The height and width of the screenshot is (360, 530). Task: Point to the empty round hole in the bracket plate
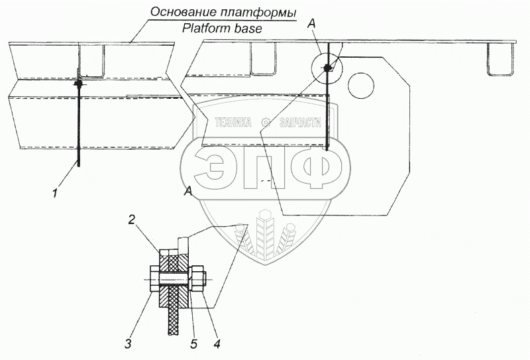[362, 84]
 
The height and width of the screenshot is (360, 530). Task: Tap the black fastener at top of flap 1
[78, 84]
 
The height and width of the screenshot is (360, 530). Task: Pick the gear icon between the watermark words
[264, 123]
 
